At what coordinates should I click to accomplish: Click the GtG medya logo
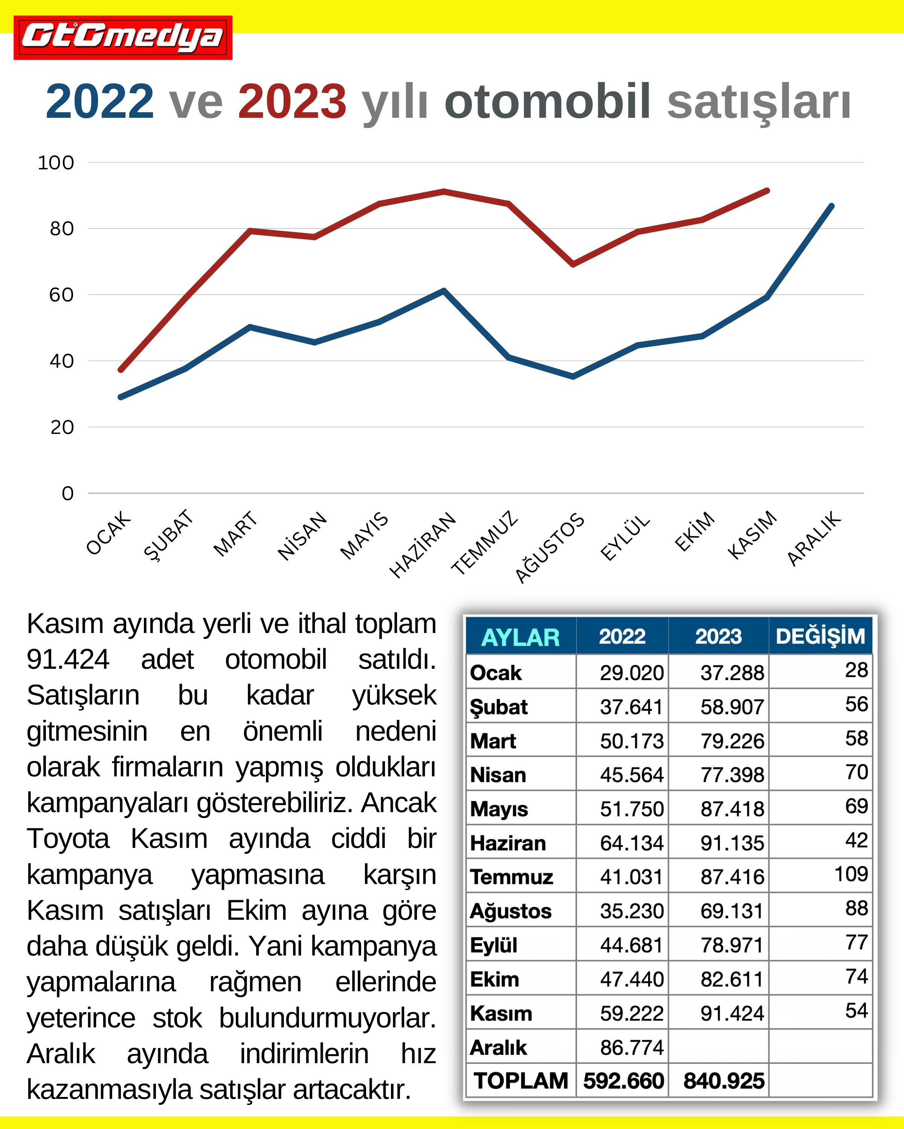coord(123,38)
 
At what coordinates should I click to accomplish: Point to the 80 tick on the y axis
coord(61,229)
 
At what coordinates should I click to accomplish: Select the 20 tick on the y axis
coord(62,427)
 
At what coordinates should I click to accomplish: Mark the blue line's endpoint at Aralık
coord(831,206)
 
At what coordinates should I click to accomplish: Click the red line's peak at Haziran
coord(444,192)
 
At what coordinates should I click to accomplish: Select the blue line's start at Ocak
coord(121,397)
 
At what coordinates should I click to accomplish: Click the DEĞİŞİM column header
coord(820,636)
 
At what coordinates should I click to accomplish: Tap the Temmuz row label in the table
coord(512,876)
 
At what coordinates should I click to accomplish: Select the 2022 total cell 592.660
coord(623,1080)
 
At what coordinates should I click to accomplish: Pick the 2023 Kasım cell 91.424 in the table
coord(732,1013)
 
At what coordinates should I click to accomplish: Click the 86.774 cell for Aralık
coord(632,1047)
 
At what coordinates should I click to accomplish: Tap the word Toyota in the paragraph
coord(68,838)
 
